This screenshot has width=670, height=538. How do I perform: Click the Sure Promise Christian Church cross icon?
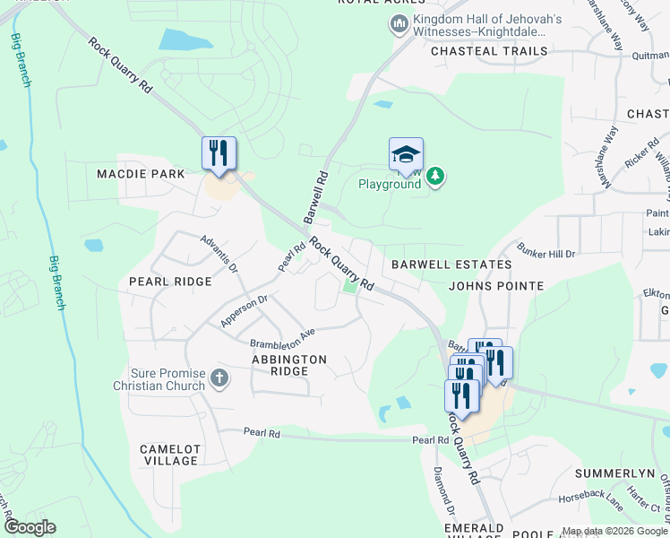coord(219,378)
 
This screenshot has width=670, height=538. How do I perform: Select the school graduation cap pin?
coord(406,154)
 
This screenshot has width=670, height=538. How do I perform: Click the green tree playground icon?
coord(435,176)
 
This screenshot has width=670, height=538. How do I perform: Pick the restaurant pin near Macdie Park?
coord(219,153)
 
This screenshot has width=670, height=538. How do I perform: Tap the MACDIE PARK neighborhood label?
coord(142,173)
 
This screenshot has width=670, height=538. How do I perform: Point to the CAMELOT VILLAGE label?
coord(168,455)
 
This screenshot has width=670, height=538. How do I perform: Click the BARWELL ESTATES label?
coord(451,265)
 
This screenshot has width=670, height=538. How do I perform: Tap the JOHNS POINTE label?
coord(496,286)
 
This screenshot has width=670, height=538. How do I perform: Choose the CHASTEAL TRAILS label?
coord(489,51)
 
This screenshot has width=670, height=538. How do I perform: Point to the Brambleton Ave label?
coord(283,338)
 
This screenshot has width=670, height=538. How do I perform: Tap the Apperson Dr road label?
coord(245,310)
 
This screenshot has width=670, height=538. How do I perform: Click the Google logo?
coord(30,527)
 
